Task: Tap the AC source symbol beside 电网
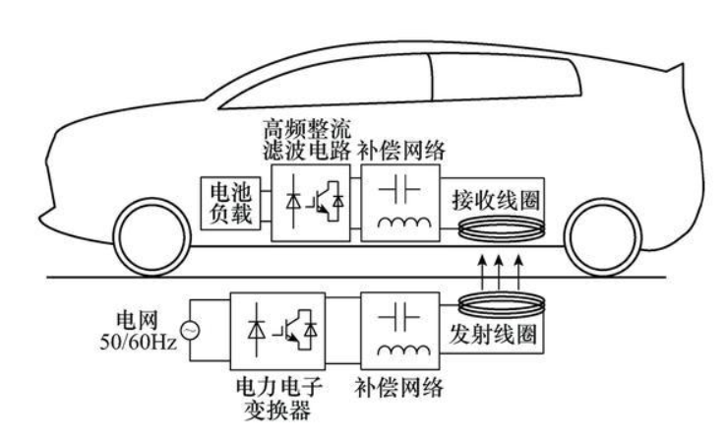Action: pyautogui.click(x=189, y=330)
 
